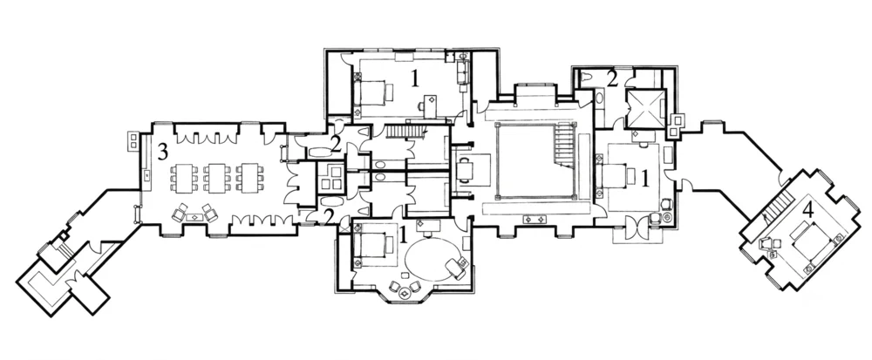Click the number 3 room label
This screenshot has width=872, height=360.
[162, 151]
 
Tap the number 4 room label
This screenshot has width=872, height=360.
[808, 209]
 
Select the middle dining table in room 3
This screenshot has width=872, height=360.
[215, 177]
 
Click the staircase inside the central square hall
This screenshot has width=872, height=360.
[562, 146]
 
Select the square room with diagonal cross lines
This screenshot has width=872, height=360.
[645, 109]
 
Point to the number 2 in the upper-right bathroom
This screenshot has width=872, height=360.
[612, 79]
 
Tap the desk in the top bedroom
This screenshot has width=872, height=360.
[430, 105]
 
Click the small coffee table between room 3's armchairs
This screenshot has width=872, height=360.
[194, 216]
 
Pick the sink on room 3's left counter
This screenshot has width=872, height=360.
[146, 175]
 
